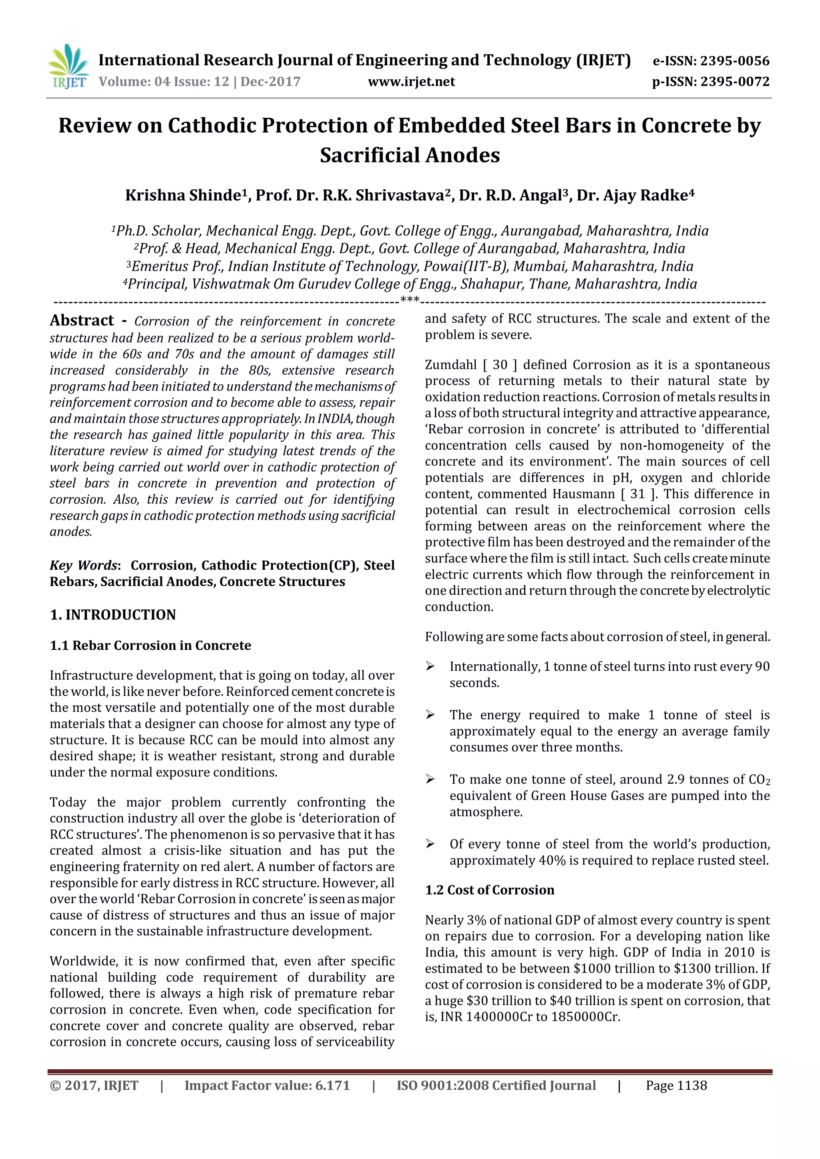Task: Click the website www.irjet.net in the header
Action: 411,82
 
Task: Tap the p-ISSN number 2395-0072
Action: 735,82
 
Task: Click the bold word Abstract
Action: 82,321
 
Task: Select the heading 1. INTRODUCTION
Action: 113,614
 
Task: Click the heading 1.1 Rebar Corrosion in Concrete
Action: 150,645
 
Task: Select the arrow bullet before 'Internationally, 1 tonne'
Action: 430,666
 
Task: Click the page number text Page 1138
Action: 676,1085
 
